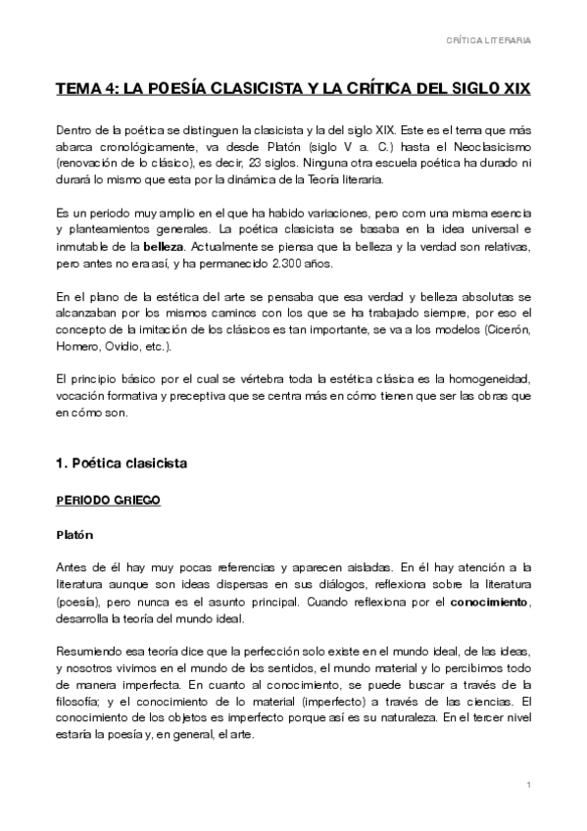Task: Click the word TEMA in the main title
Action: pos(76,88)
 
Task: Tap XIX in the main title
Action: pos(514,88)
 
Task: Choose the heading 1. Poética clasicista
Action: pos(122,460)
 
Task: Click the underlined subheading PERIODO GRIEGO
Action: pos(108,500)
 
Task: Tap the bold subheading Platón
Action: pos(74,537)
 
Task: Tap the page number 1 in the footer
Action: pos(527,786)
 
